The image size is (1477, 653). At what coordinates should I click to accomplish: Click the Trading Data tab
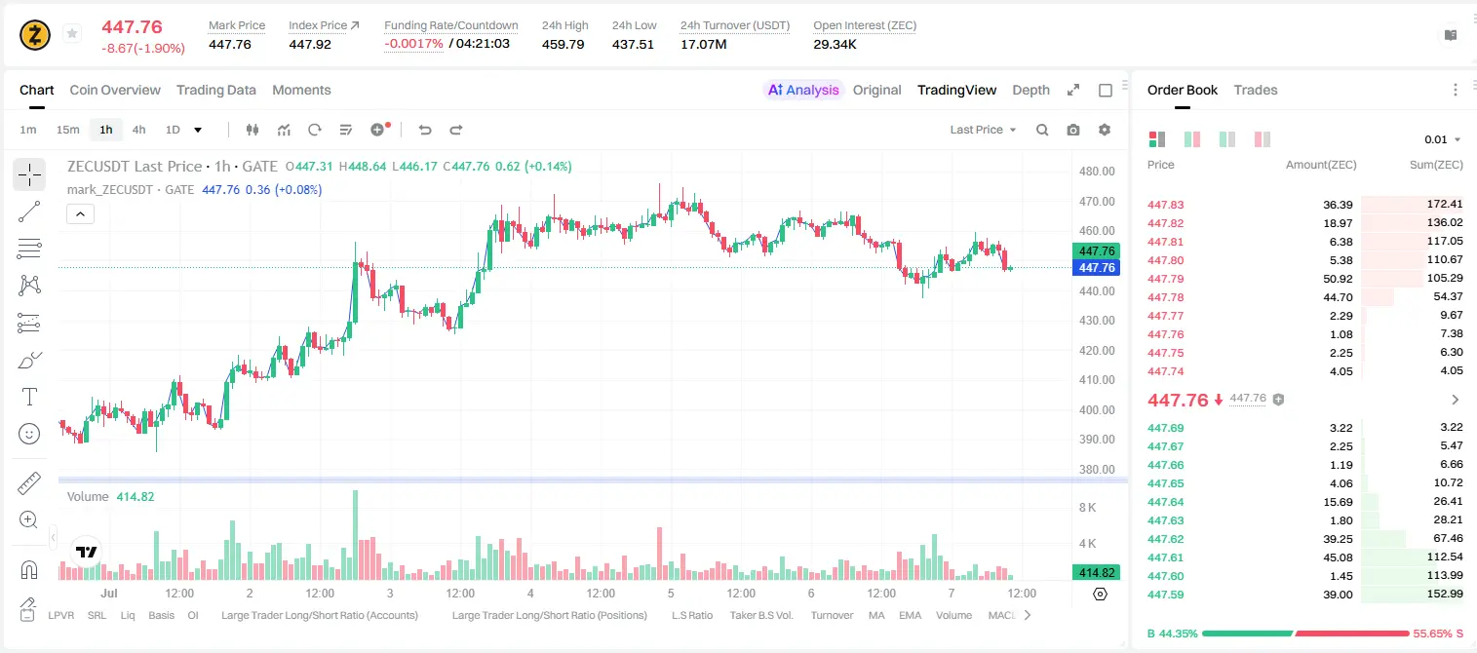tap(215, 90)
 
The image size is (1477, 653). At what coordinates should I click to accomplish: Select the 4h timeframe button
tap(138, 130)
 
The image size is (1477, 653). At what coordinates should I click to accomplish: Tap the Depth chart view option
tap(1030, 90)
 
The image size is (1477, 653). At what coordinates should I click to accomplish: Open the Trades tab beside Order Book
tap(1256, 90)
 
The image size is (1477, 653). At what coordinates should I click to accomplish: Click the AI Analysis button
tap(803, 90)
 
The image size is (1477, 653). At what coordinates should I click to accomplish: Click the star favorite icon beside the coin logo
tap(72, 33)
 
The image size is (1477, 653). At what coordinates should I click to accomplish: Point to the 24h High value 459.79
tap(564, 44)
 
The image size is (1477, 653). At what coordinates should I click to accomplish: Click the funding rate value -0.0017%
tap(413, 44)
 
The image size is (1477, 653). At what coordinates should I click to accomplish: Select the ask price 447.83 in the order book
tap(1165, 205)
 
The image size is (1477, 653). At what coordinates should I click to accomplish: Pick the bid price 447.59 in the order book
tap(1165, 595)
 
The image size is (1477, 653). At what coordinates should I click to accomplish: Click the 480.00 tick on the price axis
tap(1097, 172)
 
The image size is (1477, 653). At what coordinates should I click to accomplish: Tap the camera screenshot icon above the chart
tap(1073, 130)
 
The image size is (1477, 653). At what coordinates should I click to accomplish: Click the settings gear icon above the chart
tap(1105, 130)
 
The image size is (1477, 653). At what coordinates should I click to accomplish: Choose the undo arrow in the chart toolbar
tap(425, 130)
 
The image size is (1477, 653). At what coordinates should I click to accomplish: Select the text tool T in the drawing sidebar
tap(29, 397)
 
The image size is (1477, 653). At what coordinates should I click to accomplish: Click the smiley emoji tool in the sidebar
tap(29, 434)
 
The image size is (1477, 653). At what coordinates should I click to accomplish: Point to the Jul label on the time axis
tap(109, 593)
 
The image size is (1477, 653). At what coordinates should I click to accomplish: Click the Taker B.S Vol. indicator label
tap(760, 615)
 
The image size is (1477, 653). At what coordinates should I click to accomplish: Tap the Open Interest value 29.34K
tap(835, 44)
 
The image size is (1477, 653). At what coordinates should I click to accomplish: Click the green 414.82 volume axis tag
tap(1096, 573)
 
